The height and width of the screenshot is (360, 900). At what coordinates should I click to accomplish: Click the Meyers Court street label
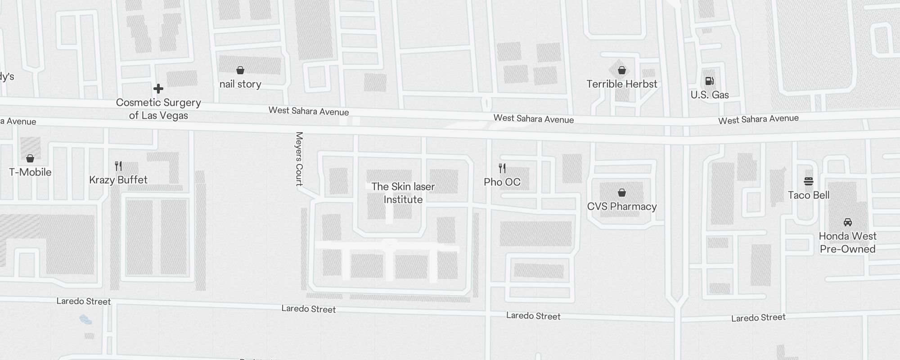pos(299,158)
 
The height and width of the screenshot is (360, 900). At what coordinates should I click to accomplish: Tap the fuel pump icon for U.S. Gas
pos(709,81)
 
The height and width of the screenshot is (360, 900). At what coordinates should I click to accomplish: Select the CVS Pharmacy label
pos(622,207)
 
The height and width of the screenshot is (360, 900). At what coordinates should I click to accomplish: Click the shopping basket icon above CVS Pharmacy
pos(622,193)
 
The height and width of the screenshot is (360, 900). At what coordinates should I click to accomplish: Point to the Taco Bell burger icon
pos(809,181)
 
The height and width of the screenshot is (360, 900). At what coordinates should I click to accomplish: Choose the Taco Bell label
pos(809,195)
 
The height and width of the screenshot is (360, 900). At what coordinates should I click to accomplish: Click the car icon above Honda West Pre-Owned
pos(848,222)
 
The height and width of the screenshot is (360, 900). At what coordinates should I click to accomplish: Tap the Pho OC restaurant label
pos(502,182)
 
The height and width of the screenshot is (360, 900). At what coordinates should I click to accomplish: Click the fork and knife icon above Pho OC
pos(502,168)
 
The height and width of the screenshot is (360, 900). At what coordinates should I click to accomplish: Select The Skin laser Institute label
pos(403,193)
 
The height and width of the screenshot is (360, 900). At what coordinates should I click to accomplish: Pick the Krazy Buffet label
pos(118,180)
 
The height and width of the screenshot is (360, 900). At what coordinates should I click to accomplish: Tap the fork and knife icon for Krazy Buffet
pos(118,166)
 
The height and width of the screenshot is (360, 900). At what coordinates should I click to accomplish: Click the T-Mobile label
pos(30,172)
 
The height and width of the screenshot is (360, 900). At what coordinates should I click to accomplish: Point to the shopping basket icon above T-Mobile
pos(30,158)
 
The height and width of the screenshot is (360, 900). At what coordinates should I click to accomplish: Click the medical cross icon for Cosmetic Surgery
pos(158,89)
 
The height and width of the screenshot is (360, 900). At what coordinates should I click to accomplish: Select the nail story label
pos(240,84)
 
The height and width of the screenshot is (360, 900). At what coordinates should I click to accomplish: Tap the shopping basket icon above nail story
pos(240,70)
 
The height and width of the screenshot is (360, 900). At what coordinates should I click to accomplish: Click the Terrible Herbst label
pos(622,84)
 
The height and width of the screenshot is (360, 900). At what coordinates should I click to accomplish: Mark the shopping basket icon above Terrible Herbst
pos(622,70)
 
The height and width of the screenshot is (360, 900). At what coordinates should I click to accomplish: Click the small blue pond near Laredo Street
pos(85,320)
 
